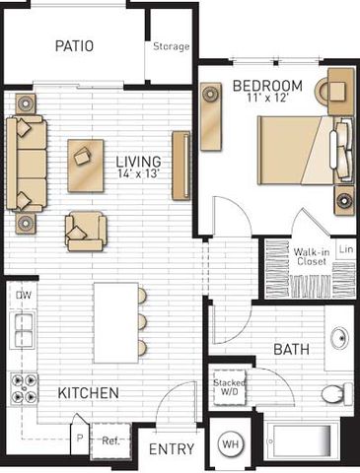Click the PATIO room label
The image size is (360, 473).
point(74,46)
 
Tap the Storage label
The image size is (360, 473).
point(172,46)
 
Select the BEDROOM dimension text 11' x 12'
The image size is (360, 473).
point(268,98)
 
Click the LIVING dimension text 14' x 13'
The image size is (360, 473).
point(139,173)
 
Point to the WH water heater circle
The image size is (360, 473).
point(231,444)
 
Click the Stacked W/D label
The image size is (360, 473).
point(230,387)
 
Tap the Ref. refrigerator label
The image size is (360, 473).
point(110,440)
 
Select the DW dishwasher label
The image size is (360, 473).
point(24,295)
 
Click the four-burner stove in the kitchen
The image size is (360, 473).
point(24,388)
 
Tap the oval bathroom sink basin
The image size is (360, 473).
point(339,338)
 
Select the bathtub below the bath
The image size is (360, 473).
point(302,440)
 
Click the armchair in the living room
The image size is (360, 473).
point(86,232)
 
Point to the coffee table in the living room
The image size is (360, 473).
point(86,166)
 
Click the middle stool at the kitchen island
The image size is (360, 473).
point(142,321)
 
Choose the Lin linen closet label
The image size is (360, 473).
point(346,249)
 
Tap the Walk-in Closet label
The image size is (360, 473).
point(312,257)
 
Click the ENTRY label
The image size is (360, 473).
point(172,449)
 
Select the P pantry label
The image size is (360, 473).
point(80,439)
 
